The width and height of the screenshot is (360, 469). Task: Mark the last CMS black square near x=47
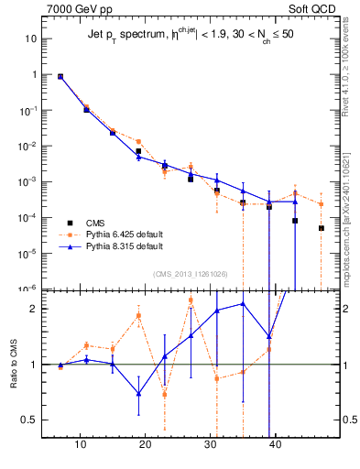click(322, 228)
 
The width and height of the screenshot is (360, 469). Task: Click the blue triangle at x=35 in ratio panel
click(243, 303)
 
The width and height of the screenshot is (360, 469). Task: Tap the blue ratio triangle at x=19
click(138, 393)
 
